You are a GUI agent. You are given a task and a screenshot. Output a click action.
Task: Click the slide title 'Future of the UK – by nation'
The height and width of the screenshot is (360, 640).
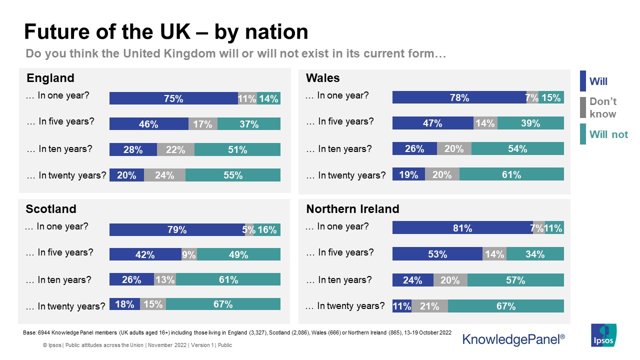point(166,32)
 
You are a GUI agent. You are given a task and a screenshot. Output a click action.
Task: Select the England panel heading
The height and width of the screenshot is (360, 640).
point(50,78)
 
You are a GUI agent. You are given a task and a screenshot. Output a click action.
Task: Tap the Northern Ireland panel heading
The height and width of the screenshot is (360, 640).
point(352,209)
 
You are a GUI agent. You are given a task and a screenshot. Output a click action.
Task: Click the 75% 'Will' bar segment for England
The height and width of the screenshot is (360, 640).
point(173,98)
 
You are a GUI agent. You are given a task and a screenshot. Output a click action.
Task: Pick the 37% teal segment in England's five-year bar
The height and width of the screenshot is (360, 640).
point(249,124)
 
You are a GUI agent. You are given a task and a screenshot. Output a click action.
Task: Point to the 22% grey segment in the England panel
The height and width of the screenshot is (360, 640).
point(175,149)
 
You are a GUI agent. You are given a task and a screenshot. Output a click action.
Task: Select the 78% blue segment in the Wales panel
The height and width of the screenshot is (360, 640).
point(459,97)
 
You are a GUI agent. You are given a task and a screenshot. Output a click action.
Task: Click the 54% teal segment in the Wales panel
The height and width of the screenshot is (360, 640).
point(517,148)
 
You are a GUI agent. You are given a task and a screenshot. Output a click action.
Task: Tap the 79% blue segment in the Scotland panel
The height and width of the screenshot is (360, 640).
point(177,229)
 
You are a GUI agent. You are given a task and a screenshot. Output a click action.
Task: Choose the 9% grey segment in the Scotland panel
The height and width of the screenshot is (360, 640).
point(189,254)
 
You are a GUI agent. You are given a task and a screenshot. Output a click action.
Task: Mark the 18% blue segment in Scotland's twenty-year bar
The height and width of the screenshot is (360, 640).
point(124,304)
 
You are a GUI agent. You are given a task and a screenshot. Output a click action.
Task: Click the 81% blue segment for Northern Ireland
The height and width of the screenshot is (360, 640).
point(462,228)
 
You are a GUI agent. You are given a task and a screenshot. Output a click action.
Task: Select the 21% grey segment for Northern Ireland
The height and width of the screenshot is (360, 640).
point(429,306)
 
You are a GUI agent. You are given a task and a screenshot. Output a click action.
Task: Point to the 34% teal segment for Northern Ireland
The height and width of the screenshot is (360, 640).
point(535,254)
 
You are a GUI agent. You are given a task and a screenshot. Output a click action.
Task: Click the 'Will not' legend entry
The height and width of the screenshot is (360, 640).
point(608,134)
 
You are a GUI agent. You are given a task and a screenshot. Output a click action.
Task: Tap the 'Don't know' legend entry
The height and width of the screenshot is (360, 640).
point(602,107)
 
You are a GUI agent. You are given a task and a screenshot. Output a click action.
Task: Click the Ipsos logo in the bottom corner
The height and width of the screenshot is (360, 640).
point(603,335)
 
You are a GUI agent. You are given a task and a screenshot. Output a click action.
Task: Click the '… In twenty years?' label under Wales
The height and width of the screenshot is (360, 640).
point(345,175)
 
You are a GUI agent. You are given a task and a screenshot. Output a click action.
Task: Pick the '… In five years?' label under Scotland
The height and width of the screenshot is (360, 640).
point(59,252)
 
